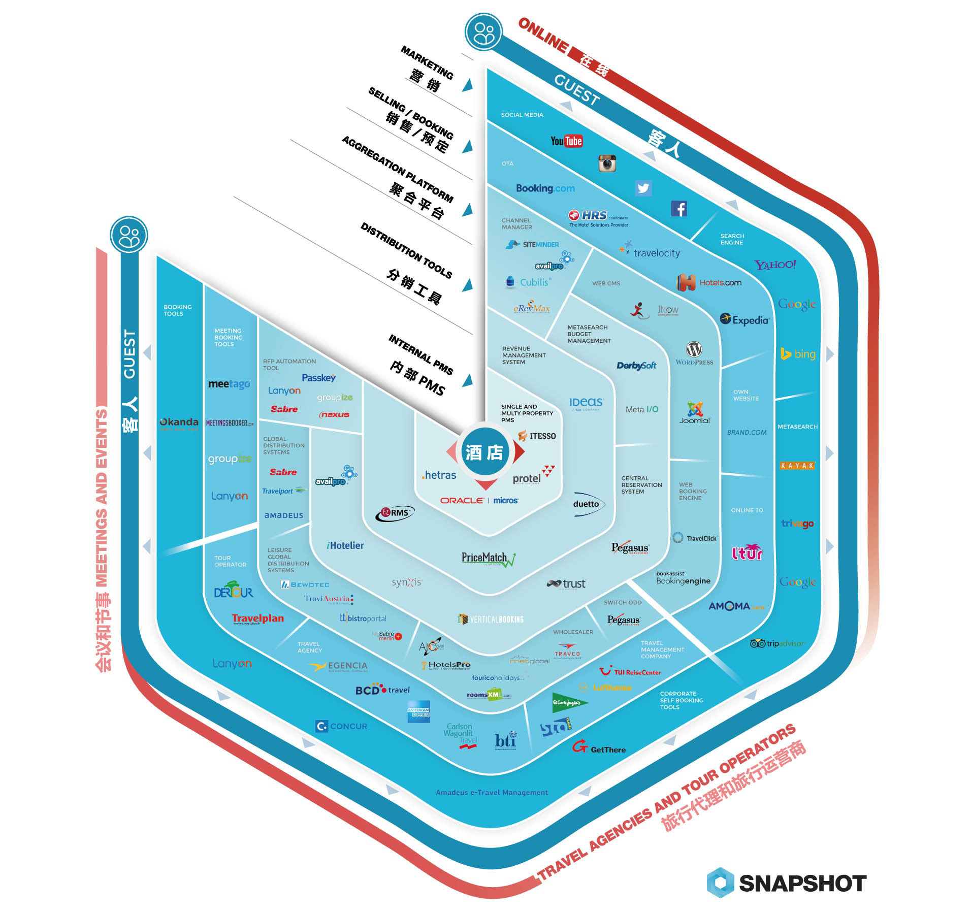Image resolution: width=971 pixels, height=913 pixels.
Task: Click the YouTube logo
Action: pos(566,141)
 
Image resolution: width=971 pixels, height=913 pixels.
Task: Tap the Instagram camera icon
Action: pos(607,164)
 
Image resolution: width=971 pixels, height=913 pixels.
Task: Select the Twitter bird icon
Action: pos(643,188)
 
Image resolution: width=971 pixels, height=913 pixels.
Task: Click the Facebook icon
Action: pos(679,209)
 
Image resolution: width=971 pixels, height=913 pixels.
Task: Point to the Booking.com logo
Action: pos(545,188)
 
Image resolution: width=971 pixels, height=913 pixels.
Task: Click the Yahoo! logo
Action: pos(775,265)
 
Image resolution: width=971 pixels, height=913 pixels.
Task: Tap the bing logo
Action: pos(798,354)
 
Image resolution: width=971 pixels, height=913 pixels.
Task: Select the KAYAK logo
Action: pos(797,466)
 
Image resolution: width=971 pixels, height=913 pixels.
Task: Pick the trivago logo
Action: pos(797,524)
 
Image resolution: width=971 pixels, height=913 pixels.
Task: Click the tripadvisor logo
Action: pos(777,643)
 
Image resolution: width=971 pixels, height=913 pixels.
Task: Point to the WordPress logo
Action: pos(694,353)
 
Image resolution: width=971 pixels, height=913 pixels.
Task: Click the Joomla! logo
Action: pos(695,413)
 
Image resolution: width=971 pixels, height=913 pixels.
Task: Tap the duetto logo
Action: pos(587,504)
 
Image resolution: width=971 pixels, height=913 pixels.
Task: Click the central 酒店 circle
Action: pos(484,452)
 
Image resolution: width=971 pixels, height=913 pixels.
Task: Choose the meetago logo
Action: pos(229,384)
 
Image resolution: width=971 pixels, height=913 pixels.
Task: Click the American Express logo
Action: pos(418,712)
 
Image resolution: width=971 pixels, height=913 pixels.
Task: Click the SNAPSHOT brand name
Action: pos(802,884)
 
